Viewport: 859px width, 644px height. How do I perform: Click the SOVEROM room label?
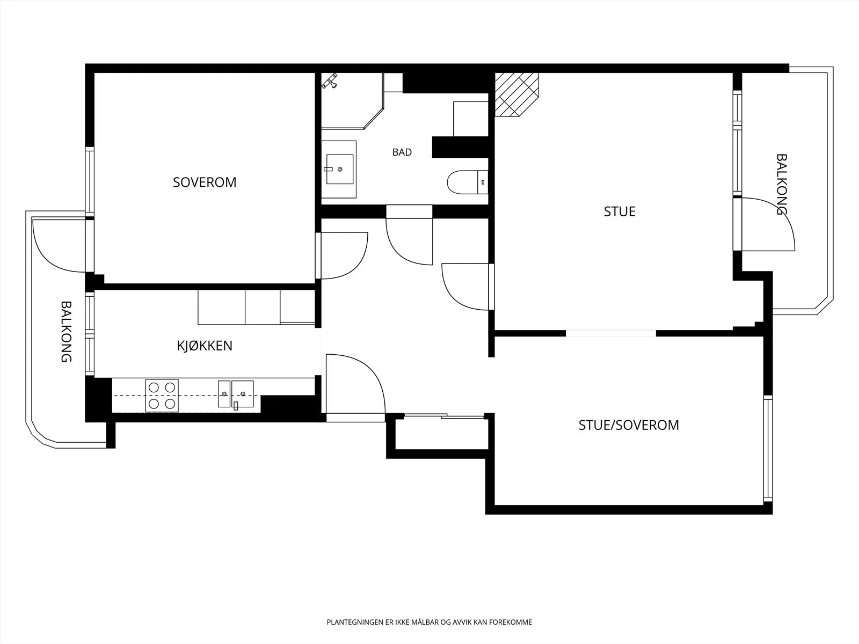[205, 182]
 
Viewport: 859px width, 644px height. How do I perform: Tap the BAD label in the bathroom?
[402, 152]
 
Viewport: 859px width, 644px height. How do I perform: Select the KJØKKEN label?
[205, 346]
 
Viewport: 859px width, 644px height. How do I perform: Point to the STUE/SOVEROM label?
[629, 425]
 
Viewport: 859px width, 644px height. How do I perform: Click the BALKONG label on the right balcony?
[781, 184]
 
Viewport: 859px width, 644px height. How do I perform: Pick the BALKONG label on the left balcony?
[66, 332]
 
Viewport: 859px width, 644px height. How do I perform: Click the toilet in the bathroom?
[468, 182]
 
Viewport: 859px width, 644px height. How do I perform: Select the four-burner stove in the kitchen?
[162, 396]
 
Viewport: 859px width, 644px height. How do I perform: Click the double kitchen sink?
[236, 394]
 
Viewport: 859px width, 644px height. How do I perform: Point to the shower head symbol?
[330, 81]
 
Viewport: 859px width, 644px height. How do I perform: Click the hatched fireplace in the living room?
[516, 94]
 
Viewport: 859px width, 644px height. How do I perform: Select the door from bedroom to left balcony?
[59, 246]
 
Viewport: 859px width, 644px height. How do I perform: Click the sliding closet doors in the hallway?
[444, 416]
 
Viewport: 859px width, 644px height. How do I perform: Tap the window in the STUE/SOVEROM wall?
[768, 448]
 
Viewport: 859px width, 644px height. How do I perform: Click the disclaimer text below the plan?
[429, 622]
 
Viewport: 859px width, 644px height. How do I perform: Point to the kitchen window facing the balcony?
[90, 334]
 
